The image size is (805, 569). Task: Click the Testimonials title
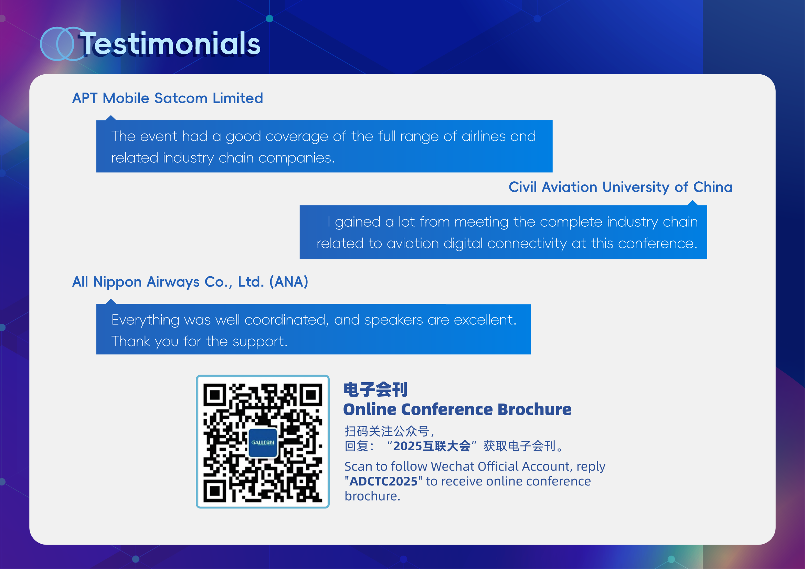coord(170,43)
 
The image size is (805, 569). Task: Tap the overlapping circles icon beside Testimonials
coord(57,44)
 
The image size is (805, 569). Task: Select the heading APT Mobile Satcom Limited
coord(168,98)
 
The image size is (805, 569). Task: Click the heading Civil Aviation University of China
coord(621,187)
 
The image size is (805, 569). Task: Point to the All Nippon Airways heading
coord(190,282)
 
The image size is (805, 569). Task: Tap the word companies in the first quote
coord(296,158)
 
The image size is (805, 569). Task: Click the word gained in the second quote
coord(358,222)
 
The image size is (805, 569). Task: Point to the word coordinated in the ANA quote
coord(286,320)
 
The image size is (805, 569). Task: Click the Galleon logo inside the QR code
coord(263,443)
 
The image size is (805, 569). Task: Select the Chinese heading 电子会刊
coord(375,390)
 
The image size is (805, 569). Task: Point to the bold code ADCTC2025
coord(383,481)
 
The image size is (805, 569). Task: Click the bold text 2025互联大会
coord(432,446)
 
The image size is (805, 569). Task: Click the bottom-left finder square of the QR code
coord(215,491)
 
